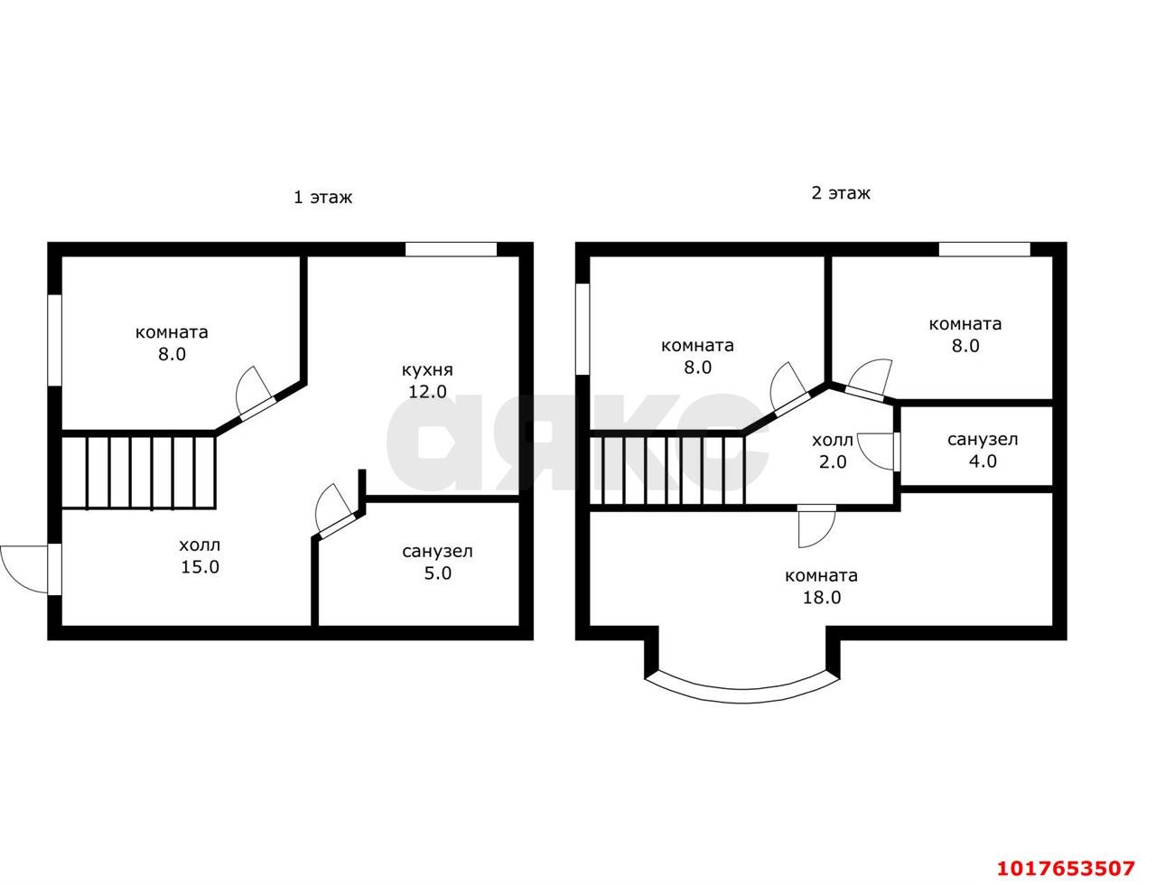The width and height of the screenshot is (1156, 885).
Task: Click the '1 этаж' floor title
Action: pyautogui.click(x=323, y=197)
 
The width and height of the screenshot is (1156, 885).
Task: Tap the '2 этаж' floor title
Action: pyautogui.click(x=841, y=192)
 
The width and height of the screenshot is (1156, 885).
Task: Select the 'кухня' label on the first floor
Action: pyautogui.click(x=426, y=369)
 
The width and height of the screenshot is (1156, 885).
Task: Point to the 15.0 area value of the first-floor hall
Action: pyautogui.click(x=200, y=567)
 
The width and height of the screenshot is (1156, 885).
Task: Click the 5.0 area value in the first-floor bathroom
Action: pyautogui.click(x=437, y=573)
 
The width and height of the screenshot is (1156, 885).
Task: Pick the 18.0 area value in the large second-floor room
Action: pyautogui.click(x=821, y=597)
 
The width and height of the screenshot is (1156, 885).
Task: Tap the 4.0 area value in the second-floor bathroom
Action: pyautogui.click(x=983, y=461)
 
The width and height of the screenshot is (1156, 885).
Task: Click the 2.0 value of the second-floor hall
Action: pyautogui.click(x=833, y=461)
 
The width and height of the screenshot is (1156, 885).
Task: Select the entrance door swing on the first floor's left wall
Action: pyautogui.click(x=24, y=569)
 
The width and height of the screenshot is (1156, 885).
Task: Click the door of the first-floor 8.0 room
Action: pyautogui.click(x=255, y=393)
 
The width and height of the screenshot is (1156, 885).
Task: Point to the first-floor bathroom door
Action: pyautogui.click(x=334, y=509)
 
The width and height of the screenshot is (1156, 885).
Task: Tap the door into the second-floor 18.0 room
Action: pyautogui.click(x=816, y=526)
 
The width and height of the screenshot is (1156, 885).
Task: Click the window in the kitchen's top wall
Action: pyautogui.click(x=451, y=249)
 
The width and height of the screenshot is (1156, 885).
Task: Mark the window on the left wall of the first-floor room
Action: pyautogui.click(x=55, y=340)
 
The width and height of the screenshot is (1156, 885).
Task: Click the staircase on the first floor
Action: pyautogui.click(x=138, y=472)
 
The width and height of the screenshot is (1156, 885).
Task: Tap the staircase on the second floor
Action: pyautogui.click(x=667, y=470)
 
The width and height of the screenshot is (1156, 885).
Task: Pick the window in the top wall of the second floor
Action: pyautogui.click(x=984, y=249)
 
